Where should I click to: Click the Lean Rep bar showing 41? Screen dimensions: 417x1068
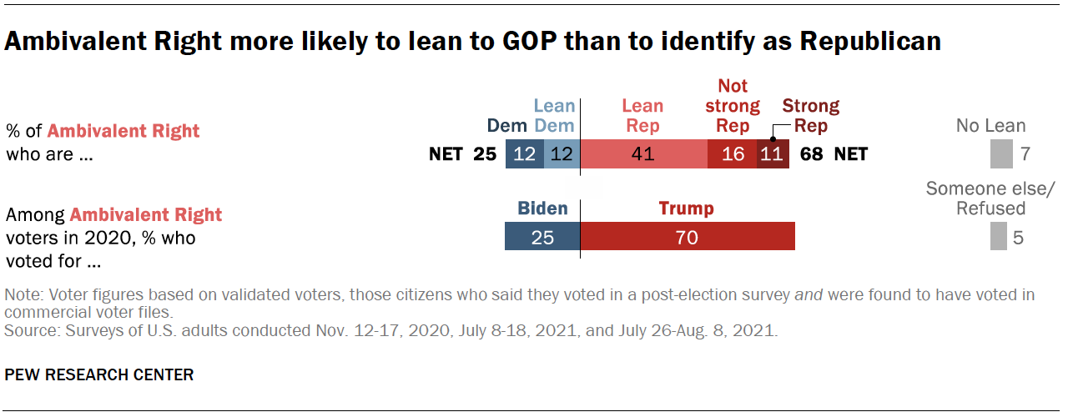pyautogui.click(x=643, y=154)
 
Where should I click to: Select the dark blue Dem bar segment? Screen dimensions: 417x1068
pyautogui.click(x=524, y=154)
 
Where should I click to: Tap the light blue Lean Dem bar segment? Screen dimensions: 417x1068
pyautogui.click(x=562, y=154)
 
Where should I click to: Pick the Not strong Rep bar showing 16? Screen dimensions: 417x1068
pyautogui.click(x=732, y=154)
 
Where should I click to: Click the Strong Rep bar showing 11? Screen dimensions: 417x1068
pyautogui.click(x=772, y=154)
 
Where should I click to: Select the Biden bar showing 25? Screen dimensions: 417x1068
pyautogui.click(x=542, y=237)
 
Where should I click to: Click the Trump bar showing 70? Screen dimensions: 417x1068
pyautogui.click(x=688, y=237)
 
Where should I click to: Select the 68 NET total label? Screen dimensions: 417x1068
pyautogui.click(x=834, y=154)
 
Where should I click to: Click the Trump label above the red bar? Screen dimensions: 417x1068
pyautogui.click(x=687, y=208)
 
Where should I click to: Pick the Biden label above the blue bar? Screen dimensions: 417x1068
pyautogui.click(x=542, y=208)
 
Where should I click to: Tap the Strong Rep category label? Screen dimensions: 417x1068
pyautogui.click(x=810, y=116)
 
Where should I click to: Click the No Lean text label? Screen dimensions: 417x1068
pyautogui.click(x=991, y=127)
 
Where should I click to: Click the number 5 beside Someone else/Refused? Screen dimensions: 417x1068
pyautogui.click(x=1017, y=238)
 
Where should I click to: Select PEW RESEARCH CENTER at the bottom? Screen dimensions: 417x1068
pyautogui.click(x=99, y=374)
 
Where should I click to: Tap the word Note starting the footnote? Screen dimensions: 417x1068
pyautogui.click(x=22, y=294)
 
